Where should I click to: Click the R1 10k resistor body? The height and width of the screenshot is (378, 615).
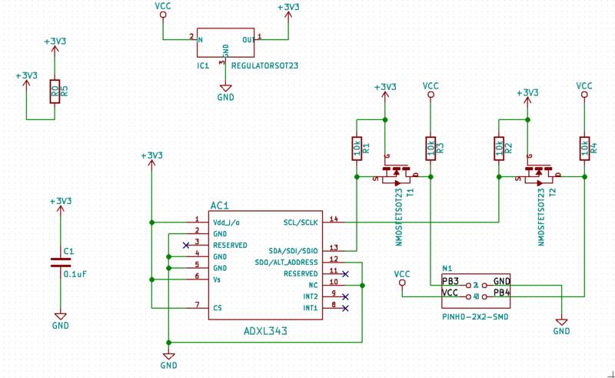tap(357, 147)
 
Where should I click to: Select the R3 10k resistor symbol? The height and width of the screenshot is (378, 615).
tap(430, 147)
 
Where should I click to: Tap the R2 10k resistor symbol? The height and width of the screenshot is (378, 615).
tap(499, 147)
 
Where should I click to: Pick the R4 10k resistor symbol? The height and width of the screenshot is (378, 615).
tap(584, 147)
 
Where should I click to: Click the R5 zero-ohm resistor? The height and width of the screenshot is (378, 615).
tap(54, 92)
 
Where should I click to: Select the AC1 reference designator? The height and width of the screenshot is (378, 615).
tap(219, 206)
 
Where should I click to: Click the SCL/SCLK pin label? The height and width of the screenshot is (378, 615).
tap(301, 222)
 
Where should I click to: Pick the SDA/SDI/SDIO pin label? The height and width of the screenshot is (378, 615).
tap(292, 250)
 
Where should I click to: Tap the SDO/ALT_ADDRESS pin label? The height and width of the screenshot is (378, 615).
tap(286, 262)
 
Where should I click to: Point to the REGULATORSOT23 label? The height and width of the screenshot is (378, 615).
tap(264, 67)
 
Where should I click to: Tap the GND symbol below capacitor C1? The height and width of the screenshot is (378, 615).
tap(59, 318)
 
